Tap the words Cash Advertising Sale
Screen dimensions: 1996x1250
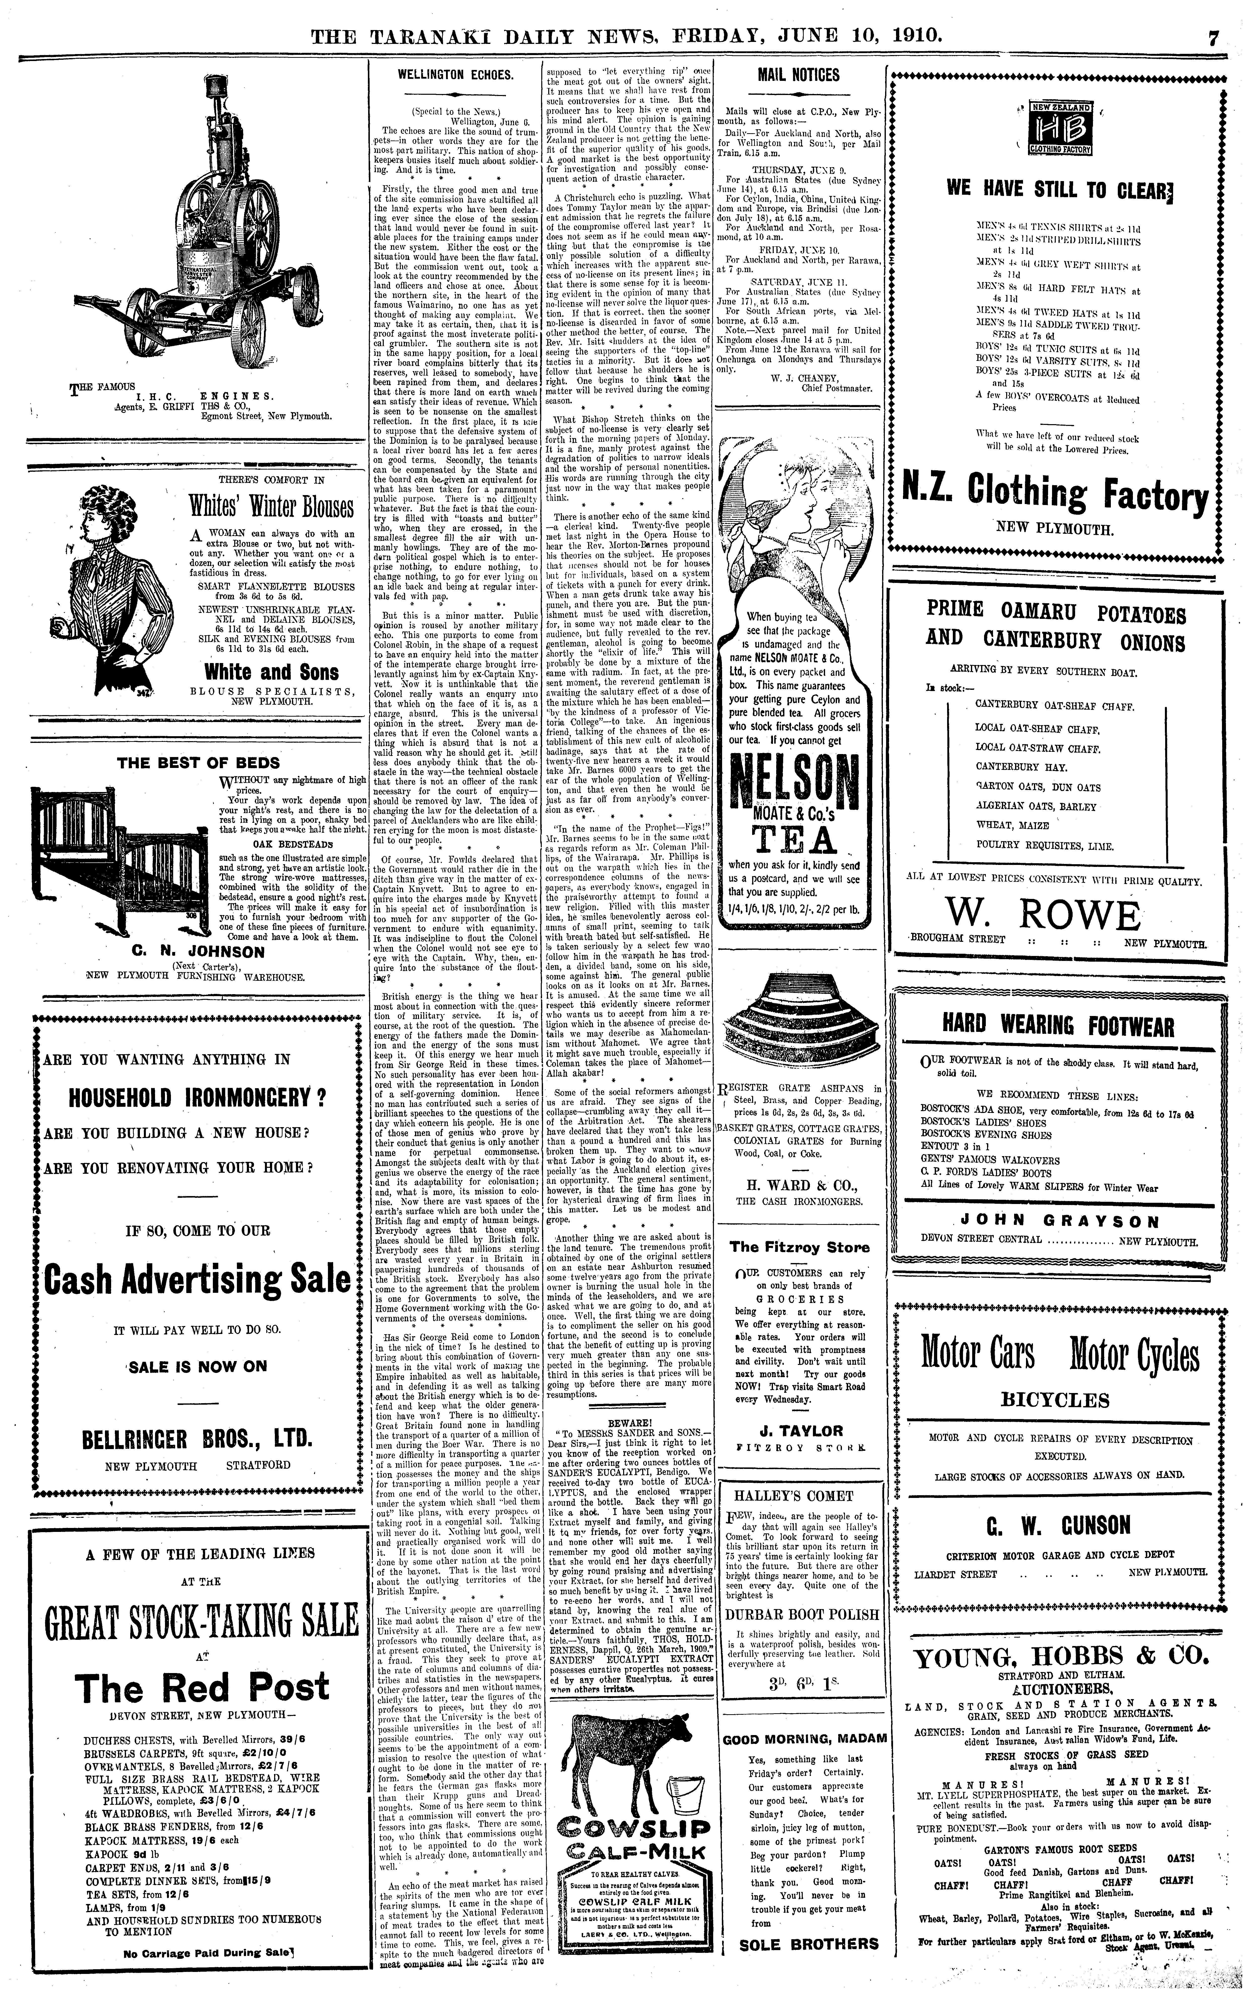click(x=197, y=1280)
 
